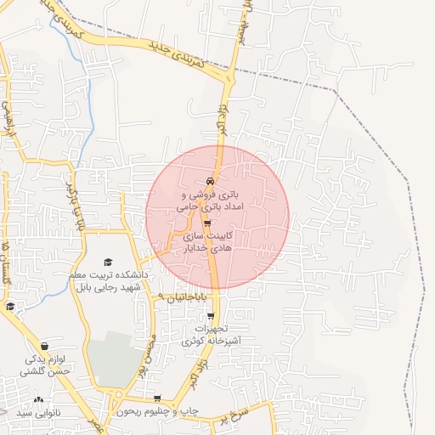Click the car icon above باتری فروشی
[209, 182]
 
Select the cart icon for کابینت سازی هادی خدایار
[208, 223]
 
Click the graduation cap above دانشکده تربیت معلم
[107, 262]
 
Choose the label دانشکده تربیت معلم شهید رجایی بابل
[108, 280]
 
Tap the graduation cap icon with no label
[9, 307]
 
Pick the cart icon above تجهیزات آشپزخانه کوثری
[211, 316]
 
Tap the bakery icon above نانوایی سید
[37, 399]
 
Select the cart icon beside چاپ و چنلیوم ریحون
[157, 398]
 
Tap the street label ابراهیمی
[7, 119]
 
